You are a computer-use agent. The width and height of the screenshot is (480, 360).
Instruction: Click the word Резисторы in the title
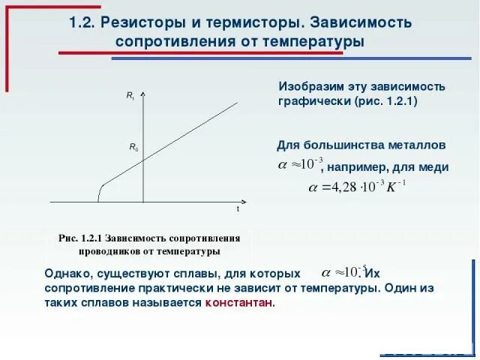(x=137, y=22)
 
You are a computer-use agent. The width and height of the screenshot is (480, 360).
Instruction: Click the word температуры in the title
(x=313, y=41)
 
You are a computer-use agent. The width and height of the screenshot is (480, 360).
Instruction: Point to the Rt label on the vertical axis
(x=130, y=95)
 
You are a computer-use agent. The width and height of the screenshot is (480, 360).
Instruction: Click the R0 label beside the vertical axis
(x=133, y=148)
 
